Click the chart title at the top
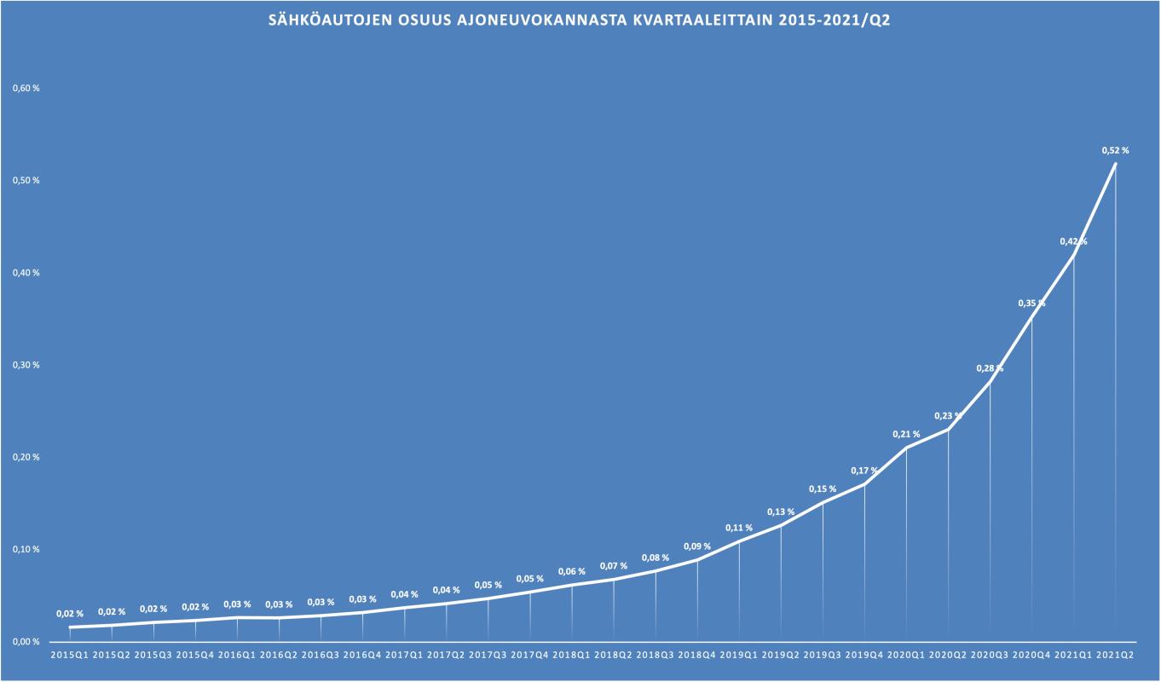(580, 20)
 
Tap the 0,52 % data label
(1115, 150)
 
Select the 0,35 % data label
(1031, 303)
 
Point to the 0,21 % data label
(906, 434)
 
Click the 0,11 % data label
(739, 528)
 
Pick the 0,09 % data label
(696, 546)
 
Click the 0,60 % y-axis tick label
(26, 89)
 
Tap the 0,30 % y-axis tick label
(26, 365)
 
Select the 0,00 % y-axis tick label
(26, 641)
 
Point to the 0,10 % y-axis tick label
(26, 549)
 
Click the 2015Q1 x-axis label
(70, 655)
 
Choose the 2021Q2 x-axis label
(1115, 655)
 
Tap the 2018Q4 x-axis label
(696, 655)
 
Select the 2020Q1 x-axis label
(906, 655)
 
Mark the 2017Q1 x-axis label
(404, 655)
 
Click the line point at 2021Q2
(1115, 164)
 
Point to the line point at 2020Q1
(906, 447)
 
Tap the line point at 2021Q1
(1073, 254)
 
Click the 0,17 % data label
(864, 471)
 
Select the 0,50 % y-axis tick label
(26, 181)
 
